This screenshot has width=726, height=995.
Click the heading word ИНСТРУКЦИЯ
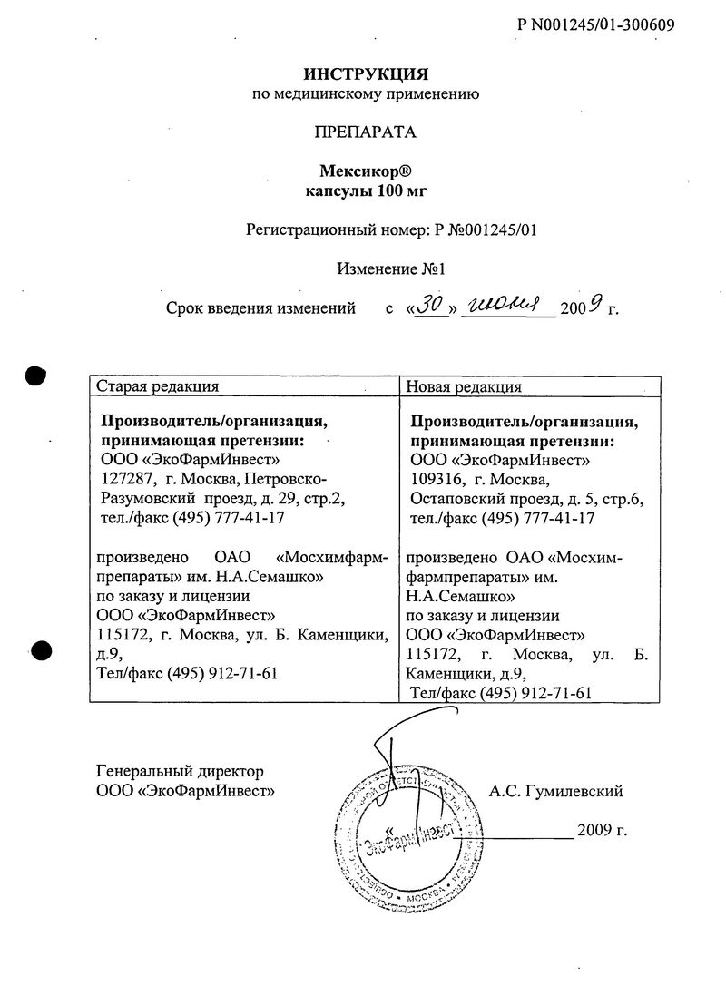tap(365, 72)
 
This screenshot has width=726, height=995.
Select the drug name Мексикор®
tap(365, 171)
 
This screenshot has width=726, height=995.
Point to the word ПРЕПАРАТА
tap(365, 132)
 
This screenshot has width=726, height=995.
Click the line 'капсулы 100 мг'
tap(365, 190)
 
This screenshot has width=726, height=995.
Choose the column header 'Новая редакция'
tap(463, 385)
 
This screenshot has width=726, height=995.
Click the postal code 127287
tap(123, 480)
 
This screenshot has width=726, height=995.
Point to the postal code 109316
tap(436, 480)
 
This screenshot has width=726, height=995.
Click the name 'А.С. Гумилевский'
tap(555, 791)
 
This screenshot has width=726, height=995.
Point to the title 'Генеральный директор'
tap(180, 772)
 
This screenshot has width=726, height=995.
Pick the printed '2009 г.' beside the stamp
tap(602, 830)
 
